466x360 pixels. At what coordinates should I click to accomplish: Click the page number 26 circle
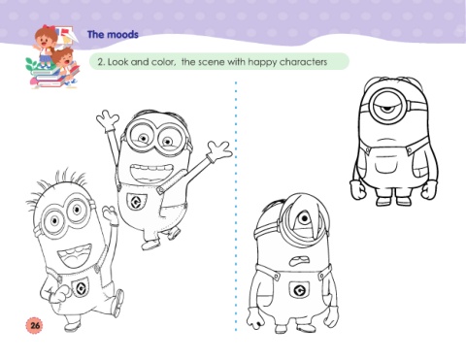(x=34, y=324)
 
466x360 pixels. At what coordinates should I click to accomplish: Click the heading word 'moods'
(x=122, y=34)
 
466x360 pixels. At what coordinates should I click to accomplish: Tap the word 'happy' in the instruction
(x=261, y=62)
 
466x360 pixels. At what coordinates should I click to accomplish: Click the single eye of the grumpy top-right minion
(x=387, y=107)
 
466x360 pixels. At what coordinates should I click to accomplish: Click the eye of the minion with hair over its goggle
(x=304, y=219)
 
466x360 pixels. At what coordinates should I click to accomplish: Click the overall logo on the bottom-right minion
(x=299, y=289)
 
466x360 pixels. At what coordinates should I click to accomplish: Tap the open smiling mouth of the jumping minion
(x=150, y=174)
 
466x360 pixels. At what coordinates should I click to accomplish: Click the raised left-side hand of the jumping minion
(x=107, y=118)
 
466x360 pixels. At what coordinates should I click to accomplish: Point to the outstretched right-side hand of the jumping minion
(x=219, y=150)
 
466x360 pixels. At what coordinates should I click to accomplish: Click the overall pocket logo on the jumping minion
(x=136, y=202)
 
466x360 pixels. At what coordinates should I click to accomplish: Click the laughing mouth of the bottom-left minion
(x=75, y=255)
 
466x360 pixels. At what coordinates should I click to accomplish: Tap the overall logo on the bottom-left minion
(x=81, y=287)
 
